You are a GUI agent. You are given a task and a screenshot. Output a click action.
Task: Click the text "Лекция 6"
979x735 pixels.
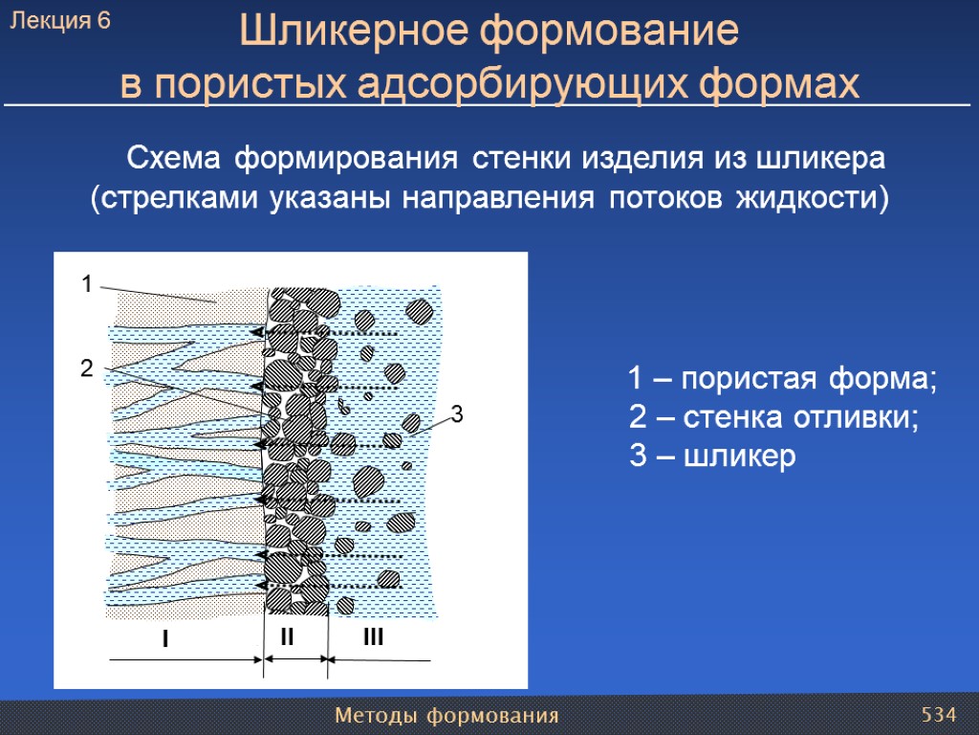click(60, 22)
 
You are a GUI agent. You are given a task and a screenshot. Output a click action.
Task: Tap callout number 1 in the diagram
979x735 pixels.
click(86, 284)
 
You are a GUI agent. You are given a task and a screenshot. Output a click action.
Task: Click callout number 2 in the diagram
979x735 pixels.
click(86, 368)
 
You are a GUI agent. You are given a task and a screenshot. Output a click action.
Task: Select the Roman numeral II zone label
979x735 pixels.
click(288, 636)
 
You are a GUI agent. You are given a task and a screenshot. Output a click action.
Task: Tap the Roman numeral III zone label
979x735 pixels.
click(373, 636)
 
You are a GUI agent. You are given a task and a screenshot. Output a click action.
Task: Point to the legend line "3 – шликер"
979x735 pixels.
click(712, 457)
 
